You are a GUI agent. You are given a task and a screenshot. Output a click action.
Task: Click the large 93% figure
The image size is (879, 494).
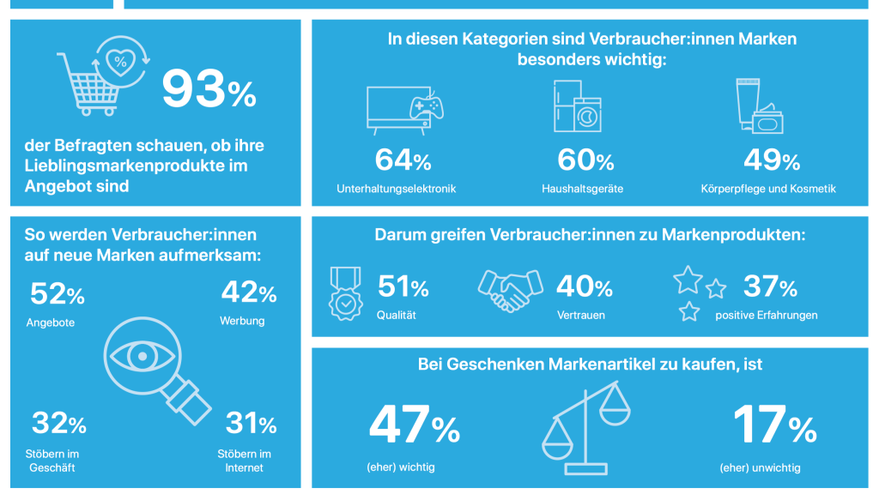tap(209, 88)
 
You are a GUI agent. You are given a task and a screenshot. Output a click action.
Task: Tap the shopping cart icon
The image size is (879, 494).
tap(88, 84)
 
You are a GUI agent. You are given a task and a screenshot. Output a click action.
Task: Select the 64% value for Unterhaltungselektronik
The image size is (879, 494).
tap(403, 160)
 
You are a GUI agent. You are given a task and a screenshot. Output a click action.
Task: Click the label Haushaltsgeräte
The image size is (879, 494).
tap(583, 189)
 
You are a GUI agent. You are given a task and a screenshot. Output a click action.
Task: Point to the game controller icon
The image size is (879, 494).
tap(427, 106)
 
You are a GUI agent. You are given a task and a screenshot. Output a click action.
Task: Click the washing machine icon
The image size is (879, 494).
tap(587, 116)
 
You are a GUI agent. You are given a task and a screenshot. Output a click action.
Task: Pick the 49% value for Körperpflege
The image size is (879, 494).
tap(772, 160)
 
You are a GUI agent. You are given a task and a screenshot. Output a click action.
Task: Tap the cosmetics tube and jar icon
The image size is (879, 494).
tap(760, 105)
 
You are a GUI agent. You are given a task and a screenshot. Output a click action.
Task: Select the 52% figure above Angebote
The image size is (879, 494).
tap(58, 294)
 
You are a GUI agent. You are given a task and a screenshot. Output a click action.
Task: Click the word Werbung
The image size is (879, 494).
tap(242, 321)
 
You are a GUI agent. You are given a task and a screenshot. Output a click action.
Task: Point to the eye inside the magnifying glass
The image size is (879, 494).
tap(142, 356)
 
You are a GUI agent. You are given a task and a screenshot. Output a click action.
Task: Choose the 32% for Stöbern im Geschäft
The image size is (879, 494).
tap(59, 423)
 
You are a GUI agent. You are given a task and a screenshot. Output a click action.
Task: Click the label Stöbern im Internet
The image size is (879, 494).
tap(245, 461)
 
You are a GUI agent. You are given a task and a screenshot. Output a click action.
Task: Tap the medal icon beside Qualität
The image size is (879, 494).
tap(345, 293)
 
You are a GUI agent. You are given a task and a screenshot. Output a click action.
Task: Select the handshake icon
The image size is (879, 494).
tap(510, 290)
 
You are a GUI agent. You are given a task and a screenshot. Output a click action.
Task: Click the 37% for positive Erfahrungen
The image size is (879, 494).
tap(770, 286)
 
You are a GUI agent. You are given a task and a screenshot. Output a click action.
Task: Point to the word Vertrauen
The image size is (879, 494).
tap(581, 316)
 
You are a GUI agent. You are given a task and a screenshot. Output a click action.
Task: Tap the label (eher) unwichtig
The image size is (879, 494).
tap(761, 467)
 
